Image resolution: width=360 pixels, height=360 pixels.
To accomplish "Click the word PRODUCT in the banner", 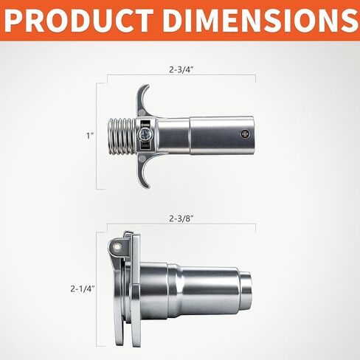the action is (79, 21).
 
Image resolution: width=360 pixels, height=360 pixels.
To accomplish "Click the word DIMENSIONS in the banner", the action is (260, 21).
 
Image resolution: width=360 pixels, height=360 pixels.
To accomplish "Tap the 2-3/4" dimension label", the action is (181, 69).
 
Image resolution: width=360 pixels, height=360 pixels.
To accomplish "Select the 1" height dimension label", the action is (90, 136).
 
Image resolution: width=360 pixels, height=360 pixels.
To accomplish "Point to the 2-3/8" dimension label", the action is (181, 218).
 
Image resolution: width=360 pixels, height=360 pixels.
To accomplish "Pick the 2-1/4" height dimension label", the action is (83, 288).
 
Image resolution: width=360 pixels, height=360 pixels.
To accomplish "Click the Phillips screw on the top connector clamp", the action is (145, 134).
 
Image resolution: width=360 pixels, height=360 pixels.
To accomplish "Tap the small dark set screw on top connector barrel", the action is (245, 134).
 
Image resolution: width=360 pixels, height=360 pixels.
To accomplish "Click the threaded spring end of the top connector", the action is (122, 136).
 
